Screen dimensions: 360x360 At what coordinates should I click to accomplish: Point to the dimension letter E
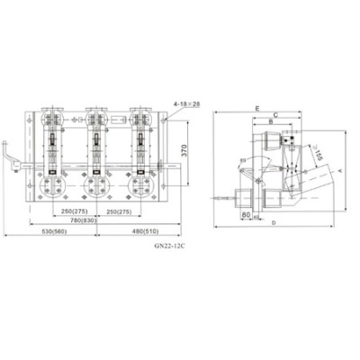click(x=257, y=107)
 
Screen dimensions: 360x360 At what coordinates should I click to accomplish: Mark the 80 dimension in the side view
click(x=247, y=215)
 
